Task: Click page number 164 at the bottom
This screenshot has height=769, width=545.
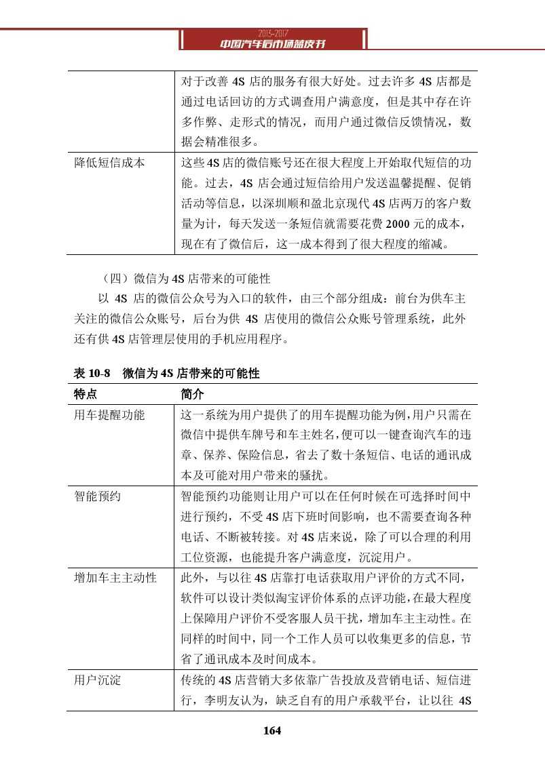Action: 272,730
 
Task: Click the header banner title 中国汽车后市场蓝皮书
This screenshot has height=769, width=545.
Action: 273,44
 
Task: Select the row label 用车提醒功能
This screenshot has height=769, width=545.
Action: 109,414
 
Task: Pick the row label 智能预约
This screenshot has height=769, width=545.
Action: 97,496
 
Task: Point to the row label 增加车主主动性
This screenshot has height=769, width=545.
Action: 115,578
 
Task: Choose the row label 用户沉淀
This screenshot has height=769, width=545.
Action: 97,680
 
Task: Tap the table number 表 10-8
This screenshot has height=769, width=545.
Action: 92,374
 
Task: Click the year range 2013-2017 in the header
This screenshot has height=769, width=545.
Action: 273,33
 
